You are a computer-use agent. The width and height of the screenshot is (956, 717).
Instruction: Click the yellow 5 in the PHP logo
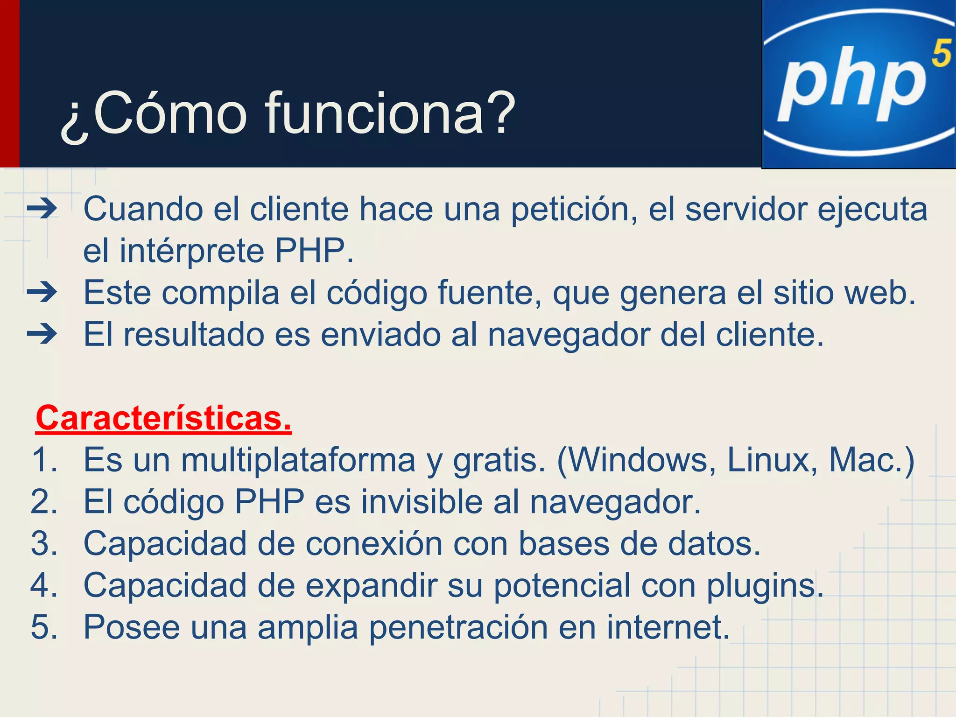(941, 53)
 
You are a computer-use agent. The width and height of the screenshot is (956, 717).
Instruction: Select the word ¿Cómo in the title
(154, 114)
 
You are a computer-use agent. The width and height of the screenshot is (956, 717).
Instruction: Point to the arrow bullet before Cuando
(42, 209)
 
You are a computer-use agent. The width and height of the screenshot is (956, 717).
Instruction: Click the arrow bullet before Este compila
(42, 293)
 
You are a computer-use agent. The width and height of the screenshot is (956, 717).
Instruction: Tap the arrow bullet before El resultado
(42, 334)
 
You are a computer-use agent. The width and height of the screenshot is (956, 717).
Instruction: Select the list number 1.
(44, 460)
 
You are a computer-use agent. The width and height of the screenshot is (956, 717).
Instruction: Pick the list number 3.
(44, 543)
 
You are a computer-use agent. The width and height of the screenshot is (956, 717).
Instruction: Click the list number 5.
(44, 627)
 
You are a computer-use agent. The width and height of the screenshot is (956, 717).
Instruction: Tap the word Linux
(772, 460)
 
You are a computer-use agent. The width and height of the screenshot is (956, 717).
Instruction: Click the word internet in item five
(668, 627)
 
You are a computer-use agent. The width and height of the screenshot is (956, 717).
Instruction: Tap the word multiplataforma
(298, 460)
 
